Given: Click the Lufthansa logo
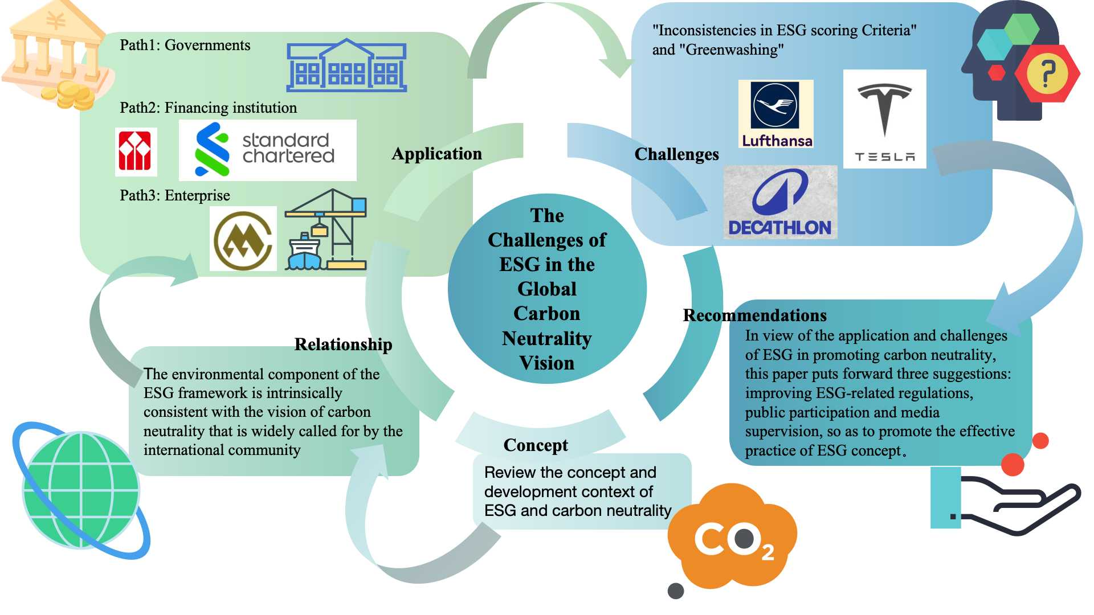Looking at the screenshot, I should tap(775, 114).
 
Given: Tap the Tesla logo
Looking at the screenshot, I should tap(884, 119).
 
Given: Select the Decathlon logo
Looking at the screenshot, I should tap(780, 202).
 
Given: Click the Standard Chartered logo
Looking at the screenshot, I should tap(267, 150).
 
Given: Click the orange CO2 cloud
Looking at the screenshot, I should tap(732, 535).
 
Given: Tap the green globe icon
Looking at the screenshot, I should tap(81, 490).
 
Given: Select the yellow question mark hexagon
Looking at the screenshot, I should tap(1047, 73).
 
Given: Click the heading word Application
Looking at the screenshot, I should tap(436, 154).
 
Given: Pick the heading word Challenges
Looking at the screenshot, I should tap(676, 154).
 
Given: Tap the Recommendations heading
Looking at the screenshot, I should tap(754, 315).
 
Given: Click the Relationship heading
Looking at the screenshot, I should tap(343, 345).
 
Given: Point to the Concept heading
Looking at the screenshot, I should tap(536, 445).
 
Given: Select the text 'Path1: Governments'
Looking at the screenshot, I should tap(185, 46).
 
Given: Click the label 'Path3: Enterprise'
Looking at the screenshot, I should tap(174, 196).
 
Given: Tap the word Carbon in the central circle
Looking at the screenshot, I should tap(546, 314).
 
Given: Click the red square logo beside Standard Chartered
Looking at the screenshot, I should tap(135, 151).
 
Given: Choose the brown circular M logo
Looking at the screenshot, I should tap(243, 239).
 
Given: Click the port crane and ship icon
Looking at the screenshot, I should tap(326, 231).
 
